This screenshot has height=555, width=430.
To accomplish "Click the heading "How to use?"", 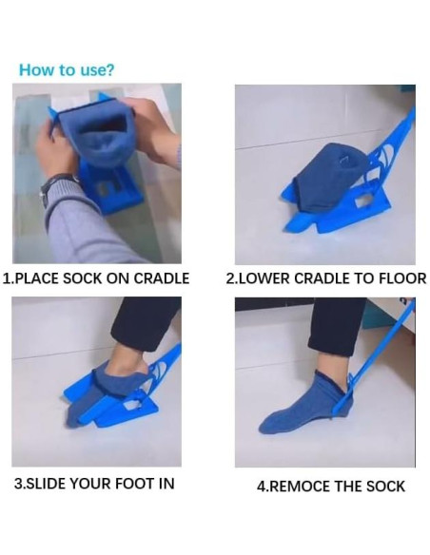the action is [67, 69].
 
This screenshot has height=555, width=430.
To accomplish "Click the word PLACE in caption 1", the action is [37, 278].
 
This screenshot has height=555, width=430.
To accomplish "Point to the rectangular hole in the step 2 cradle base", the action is [362, 201].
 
